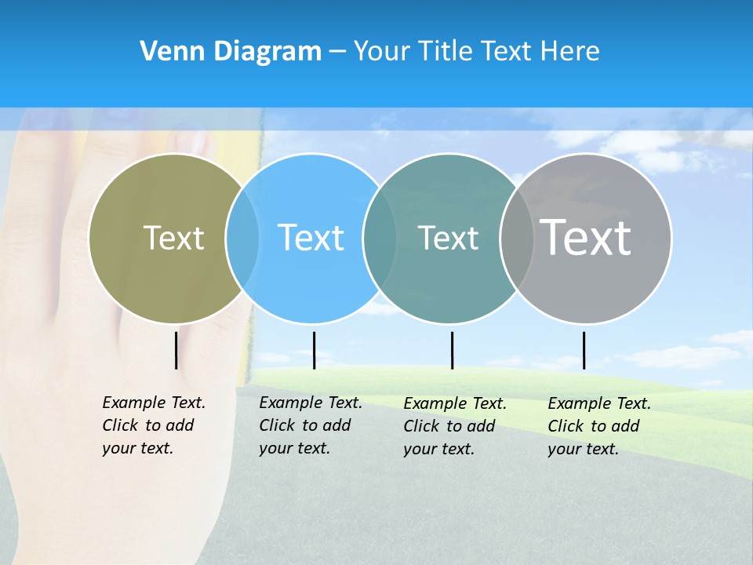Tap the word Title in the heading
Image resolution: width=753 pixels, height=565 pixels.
coord(444,52)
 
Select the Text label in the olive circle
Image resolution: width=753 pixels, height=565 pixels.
coord(173,238)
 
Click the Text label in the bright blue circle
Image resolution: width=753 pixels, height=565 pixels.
coord(311,238)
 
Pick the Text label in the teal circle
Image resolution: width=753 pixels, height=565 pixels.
coord(448,238)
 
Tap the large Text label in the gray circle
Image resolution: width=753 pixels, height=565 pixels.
coord(586,238)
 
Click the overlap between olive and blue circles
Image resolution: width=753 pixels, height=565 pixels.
coord(242,238)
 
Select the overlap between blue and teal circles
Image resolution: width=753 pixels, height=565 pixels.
coord(380,238)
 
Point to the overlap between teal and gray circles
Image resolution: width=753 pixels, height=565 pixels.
coord(516,238)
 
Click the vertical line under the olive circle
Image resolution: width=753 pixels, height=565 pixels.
coord(176,350)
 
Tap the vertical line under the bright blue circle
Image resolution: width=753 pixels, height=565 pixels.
coord(314,350)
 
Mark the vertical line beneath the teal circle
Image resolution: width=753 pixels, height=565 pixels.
coord(452,350)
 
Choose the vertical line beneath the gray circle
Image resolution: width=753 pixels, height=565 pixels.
coord(584,350)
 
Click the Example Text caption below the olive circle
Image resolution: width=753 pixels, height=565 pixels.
coord(153,425)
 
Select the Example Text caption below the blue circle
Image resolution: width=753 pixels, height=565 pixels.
coord(310,425)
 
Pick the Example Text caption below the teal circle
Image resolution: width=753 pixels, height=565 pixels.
coord(454,426)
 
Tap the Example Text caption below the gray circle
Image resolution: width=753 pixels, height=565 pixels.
coord(598,426)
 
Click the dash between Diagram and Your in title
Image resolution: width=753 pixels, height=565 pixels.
coord(337,53)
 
